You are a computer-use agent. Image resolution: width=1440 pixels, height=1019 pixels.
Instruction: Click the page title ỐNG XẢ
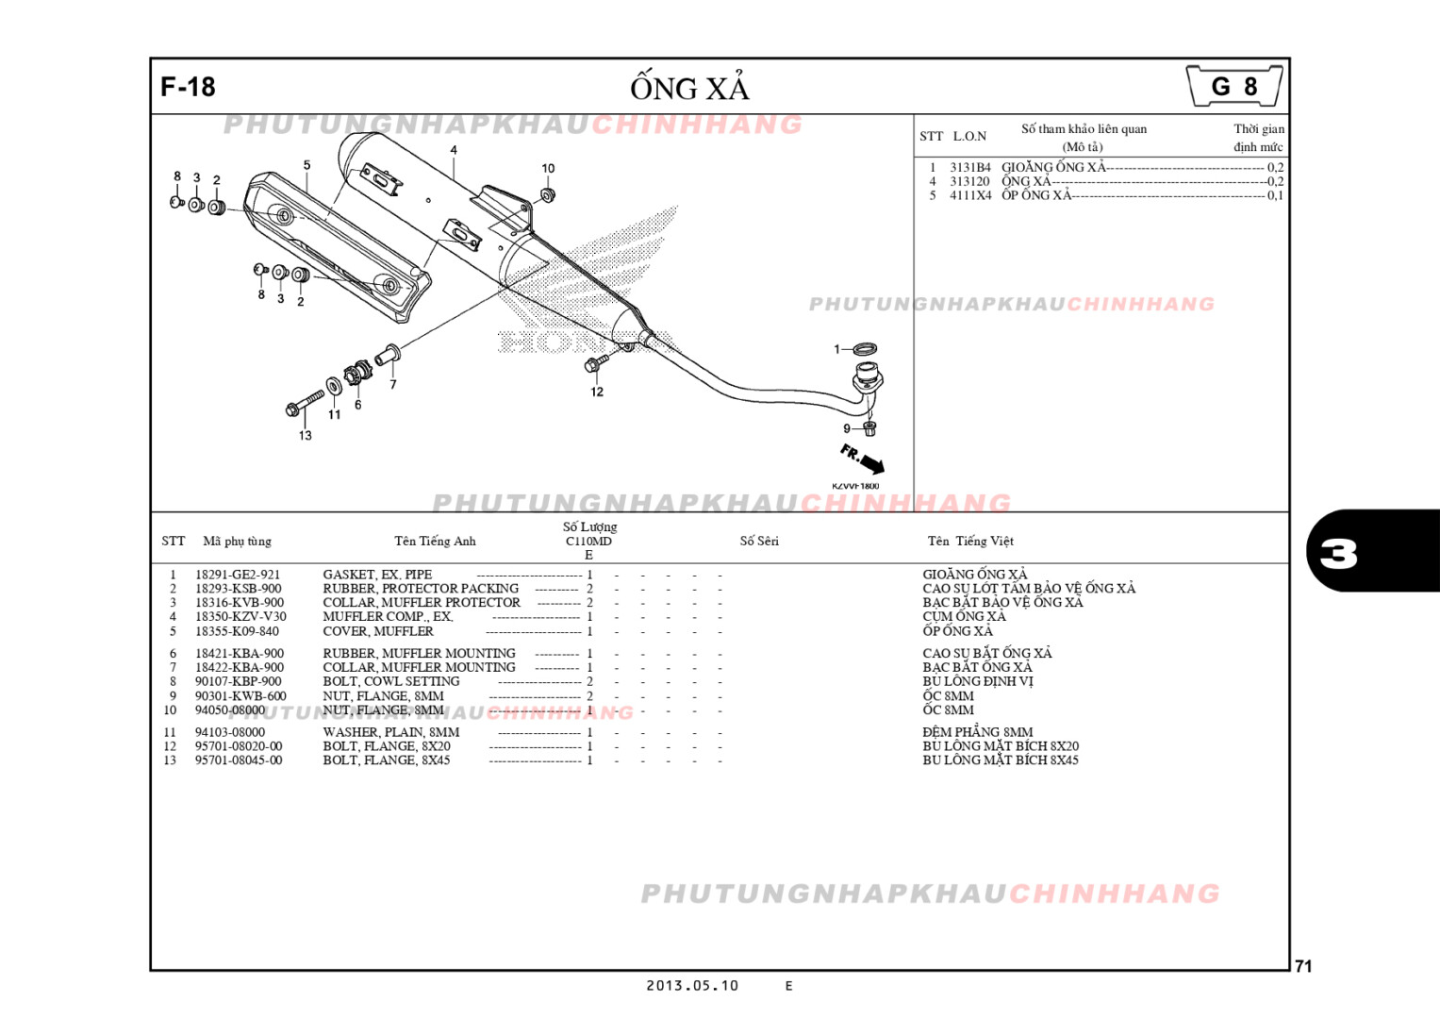[x=689, y=88]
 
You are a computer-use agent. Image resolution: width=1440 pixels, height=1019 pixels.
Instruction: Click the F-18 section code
[x=188, y=87]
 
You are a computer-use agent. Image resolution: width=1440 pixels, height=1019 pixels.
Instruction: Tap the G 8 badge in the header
[x=1233, y=87]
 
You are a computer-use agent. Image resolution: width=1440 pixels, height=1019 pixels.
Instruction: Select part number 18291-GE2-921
[x=237, y=575]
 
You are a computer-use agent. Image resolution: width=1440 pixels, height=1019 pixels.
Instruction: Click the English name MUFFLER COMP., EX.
[x=388, y=617]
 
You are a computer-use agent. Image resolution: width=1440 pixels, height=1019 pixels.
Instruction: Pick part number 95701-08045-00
[x=238, y=760]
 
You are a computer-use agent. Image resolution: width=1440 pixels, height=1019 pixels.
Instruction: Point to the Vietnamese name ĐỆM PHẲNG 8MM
[x=977, y=732]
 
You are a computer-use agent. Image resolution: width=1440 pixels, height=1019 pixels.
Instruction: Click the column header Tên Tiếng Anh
[x=435, y=542]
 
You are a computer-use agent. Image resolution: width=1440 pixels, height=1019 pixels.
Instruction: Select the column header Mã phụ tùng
[x=237, y=542]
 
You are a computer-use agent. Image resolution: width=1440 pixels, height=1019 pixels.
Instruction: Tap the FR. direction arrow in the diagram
[x=863, y=459]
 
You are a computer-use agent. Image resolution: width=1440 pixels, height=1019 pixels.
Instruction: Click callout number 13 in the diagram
[x=305, y=436]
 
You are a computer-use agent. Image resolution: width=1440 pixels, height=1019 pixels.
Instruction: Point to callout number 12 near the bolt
[x=597, y=393]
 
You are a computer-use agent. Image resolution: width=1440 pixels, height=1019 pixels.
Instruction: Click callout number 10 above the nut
[x=548, y=169]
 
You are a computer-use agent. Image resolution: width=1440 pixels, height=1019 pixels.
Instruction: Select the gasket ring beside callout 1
[x=865, y=350]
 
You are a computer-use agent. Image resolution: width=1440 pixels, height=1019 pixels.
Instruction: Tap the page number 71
[x=1303, y=966]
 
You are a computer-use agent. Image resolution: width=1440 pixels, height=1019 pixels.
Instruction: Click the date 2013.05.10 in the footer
[x=691, y=986]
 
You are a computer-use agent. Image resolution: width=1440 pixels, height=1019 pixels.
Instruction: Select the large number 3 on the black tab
[x=1338, y=553]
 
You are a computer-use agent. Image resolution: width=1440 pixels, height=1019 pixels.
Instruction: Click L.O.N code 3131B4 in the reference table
[x=969, y=168]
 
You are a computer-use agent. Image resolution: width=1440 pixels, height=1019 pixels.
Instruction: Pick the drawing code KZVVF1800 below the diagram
[x=855, y=487]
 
